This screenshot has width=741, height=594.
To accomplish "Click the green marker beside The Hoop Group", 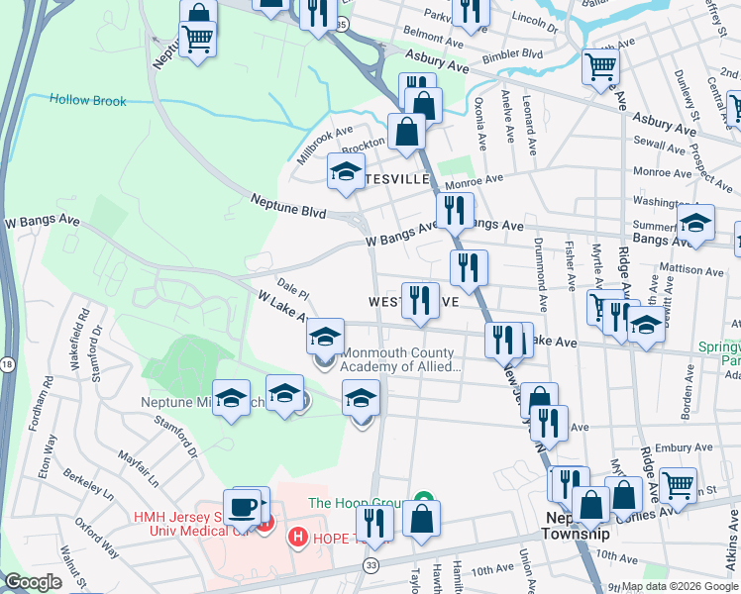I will (424, 502).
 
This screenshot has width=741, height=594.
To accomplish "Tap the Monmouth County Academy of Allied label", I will (401, 359).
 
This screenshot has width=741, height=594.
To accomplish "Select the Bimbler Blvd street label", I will (519, 53).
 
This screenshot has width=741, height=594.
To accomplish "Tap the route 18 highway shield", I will (8, 365).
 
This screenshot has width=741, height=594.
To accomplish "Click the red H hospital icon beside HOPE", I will (295, 537).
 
